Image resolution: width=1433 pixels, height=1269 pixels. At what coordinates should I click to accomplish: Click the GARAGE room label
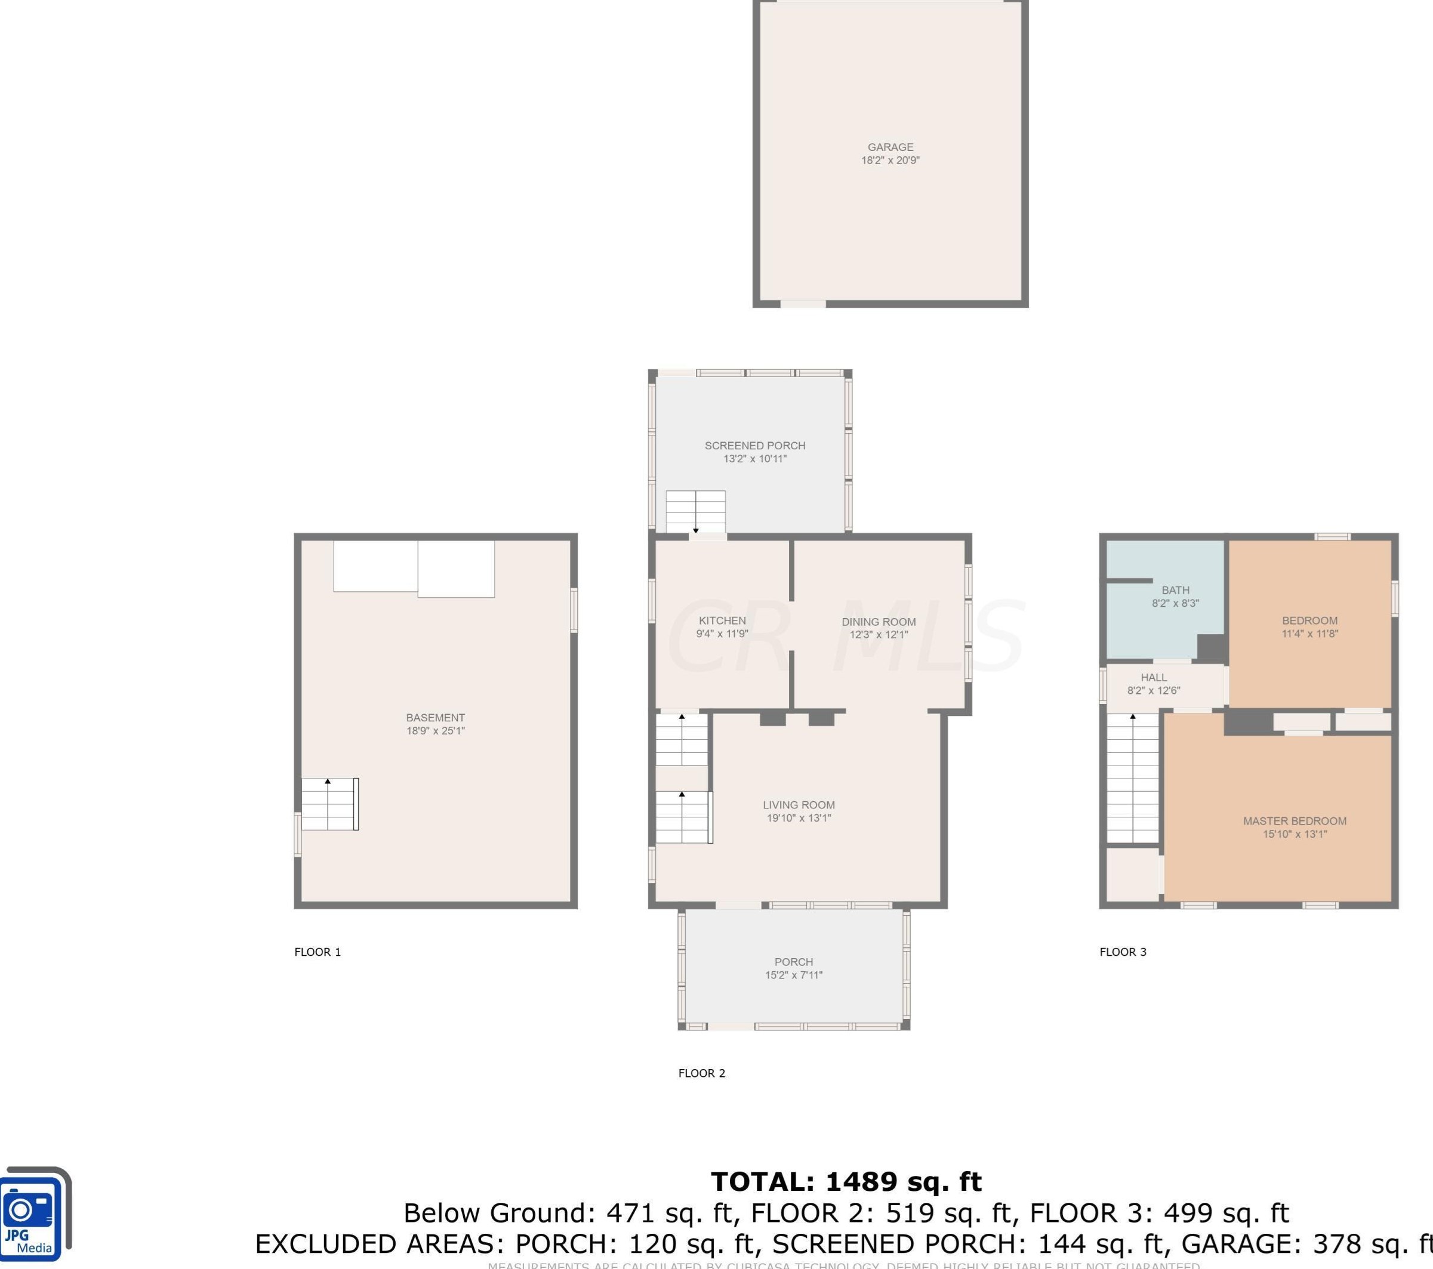click(x=890, y=147)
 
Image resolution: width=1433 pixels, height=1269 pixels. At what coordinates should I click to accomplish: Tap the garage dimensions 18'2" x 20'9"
click(x=890, y=160)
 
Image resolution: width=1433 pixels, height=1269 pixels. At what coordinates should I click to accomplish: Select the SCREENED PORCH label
click(x=754, y=446)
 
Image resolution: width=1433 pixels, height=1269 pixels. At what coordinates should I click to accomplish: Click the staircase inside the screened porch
click(x=695, y=511)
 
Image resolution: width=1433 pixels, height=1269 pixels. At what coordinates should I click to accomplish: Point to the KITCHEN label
click(x=722, y=621)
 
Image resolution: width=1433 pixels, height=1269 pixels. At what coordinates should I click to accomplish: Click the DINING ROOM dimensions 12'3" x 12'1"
click(x=879, y=635)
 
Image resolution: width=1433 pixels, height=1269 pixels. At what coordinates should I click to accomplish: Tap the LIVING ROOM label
click(x=799, y=805)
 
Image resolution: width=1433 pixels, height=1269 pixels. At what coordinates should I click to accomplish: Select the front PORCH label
click(x=794, y=962)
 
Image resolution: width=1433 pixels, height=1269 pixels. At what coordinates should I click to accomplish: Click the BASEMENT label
click(x=435, y=718)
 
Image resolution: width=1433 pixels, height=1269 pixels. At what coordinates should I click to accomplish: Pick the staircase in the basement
click(x=329, y=804)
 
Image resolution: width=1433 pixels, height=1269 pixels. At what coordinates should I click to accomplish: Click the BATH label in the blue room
click(x=1175, y=590)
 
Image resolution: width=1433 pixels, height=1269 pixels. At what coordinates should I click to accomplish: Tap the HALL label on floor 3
click(x=1153, y=678)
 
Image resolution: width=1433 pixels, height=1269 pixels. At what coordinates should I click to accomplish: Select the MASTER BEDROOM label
click(x=1294, y=822)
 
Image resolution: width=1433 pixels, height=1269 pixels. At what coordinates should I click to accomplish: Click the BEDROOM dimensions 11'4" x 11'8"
click(x=1309, y=634)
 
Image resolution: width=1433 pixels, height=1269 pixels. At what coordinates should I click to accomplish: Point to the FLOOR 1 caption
click(x=318, y=952)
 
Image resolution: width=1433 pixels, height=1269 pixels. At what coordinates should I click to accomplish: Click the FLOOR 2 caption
click(x=701, y=1073)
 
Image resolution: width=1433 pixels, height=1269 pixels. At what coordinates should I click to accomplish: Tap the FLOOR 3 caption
click(x=1123, y=952)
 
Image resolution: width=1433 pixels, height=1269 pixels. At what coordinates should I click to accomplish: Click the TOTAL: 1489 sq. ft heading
click(x=846, y=1182)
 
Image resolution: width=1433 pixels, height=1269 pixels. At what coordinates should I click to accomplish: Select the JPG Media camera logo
click(x=35, y=1214)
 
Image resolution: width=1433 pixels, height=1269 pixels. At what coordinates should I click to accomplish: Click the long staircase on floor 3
click(x=1132, y=778)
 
